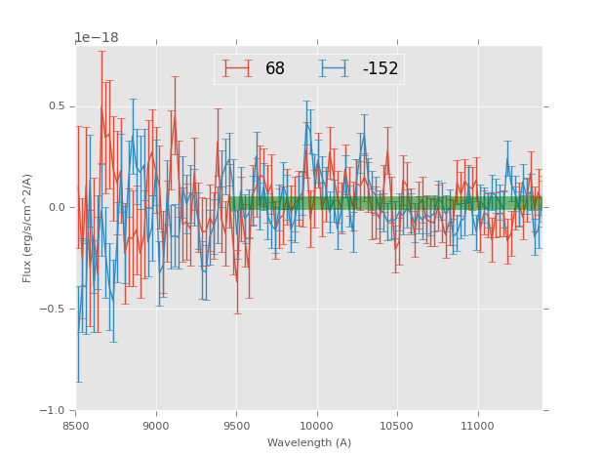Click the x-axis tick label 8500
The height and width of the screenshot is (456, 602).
click(x=76, y=425)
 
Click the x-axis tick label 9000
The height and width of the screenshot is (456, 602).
click(x=156, y=425)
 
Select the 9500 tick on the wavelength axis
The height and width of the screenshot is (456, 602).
click(x=236, y=425)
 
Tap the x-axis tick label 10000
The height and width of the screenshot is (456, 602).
click(x=317, y=425)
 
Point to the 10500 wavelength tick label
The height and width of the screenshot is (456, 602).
click(x=397, y=425)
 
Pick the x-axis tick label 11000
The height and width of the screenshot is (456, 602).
click(x=477, y=425)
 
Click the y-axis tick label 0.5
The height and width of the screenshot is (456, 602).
click(x=58, y=106)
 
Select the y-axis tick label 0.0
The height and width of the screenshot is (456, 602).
click(x=58, y=208)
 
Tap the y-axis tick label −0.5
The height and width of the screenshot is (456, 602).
click(x=55, y=310)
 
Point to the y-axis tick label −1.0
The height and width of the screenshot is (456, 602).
click(x=55, y=411)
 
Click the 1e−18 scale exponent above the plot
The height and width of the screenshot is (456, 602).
click(x=97, y=38)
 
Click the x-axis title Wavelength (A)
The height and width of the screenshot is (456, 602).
click(x=309, y=442)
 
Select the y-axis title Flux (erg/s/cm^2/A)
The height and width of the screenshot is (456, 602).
click(x=28, y=228)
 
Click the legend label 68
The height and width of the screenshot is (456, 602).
click(x=275, y=69)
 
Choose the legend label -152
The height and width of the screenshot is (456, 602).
click(x=381, y=69)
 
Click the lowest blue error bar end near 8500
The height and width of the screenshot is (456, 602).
click(x=78, y=382)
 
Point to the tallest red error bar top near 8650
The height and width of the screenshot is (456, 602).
click(x=101, y=51)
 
